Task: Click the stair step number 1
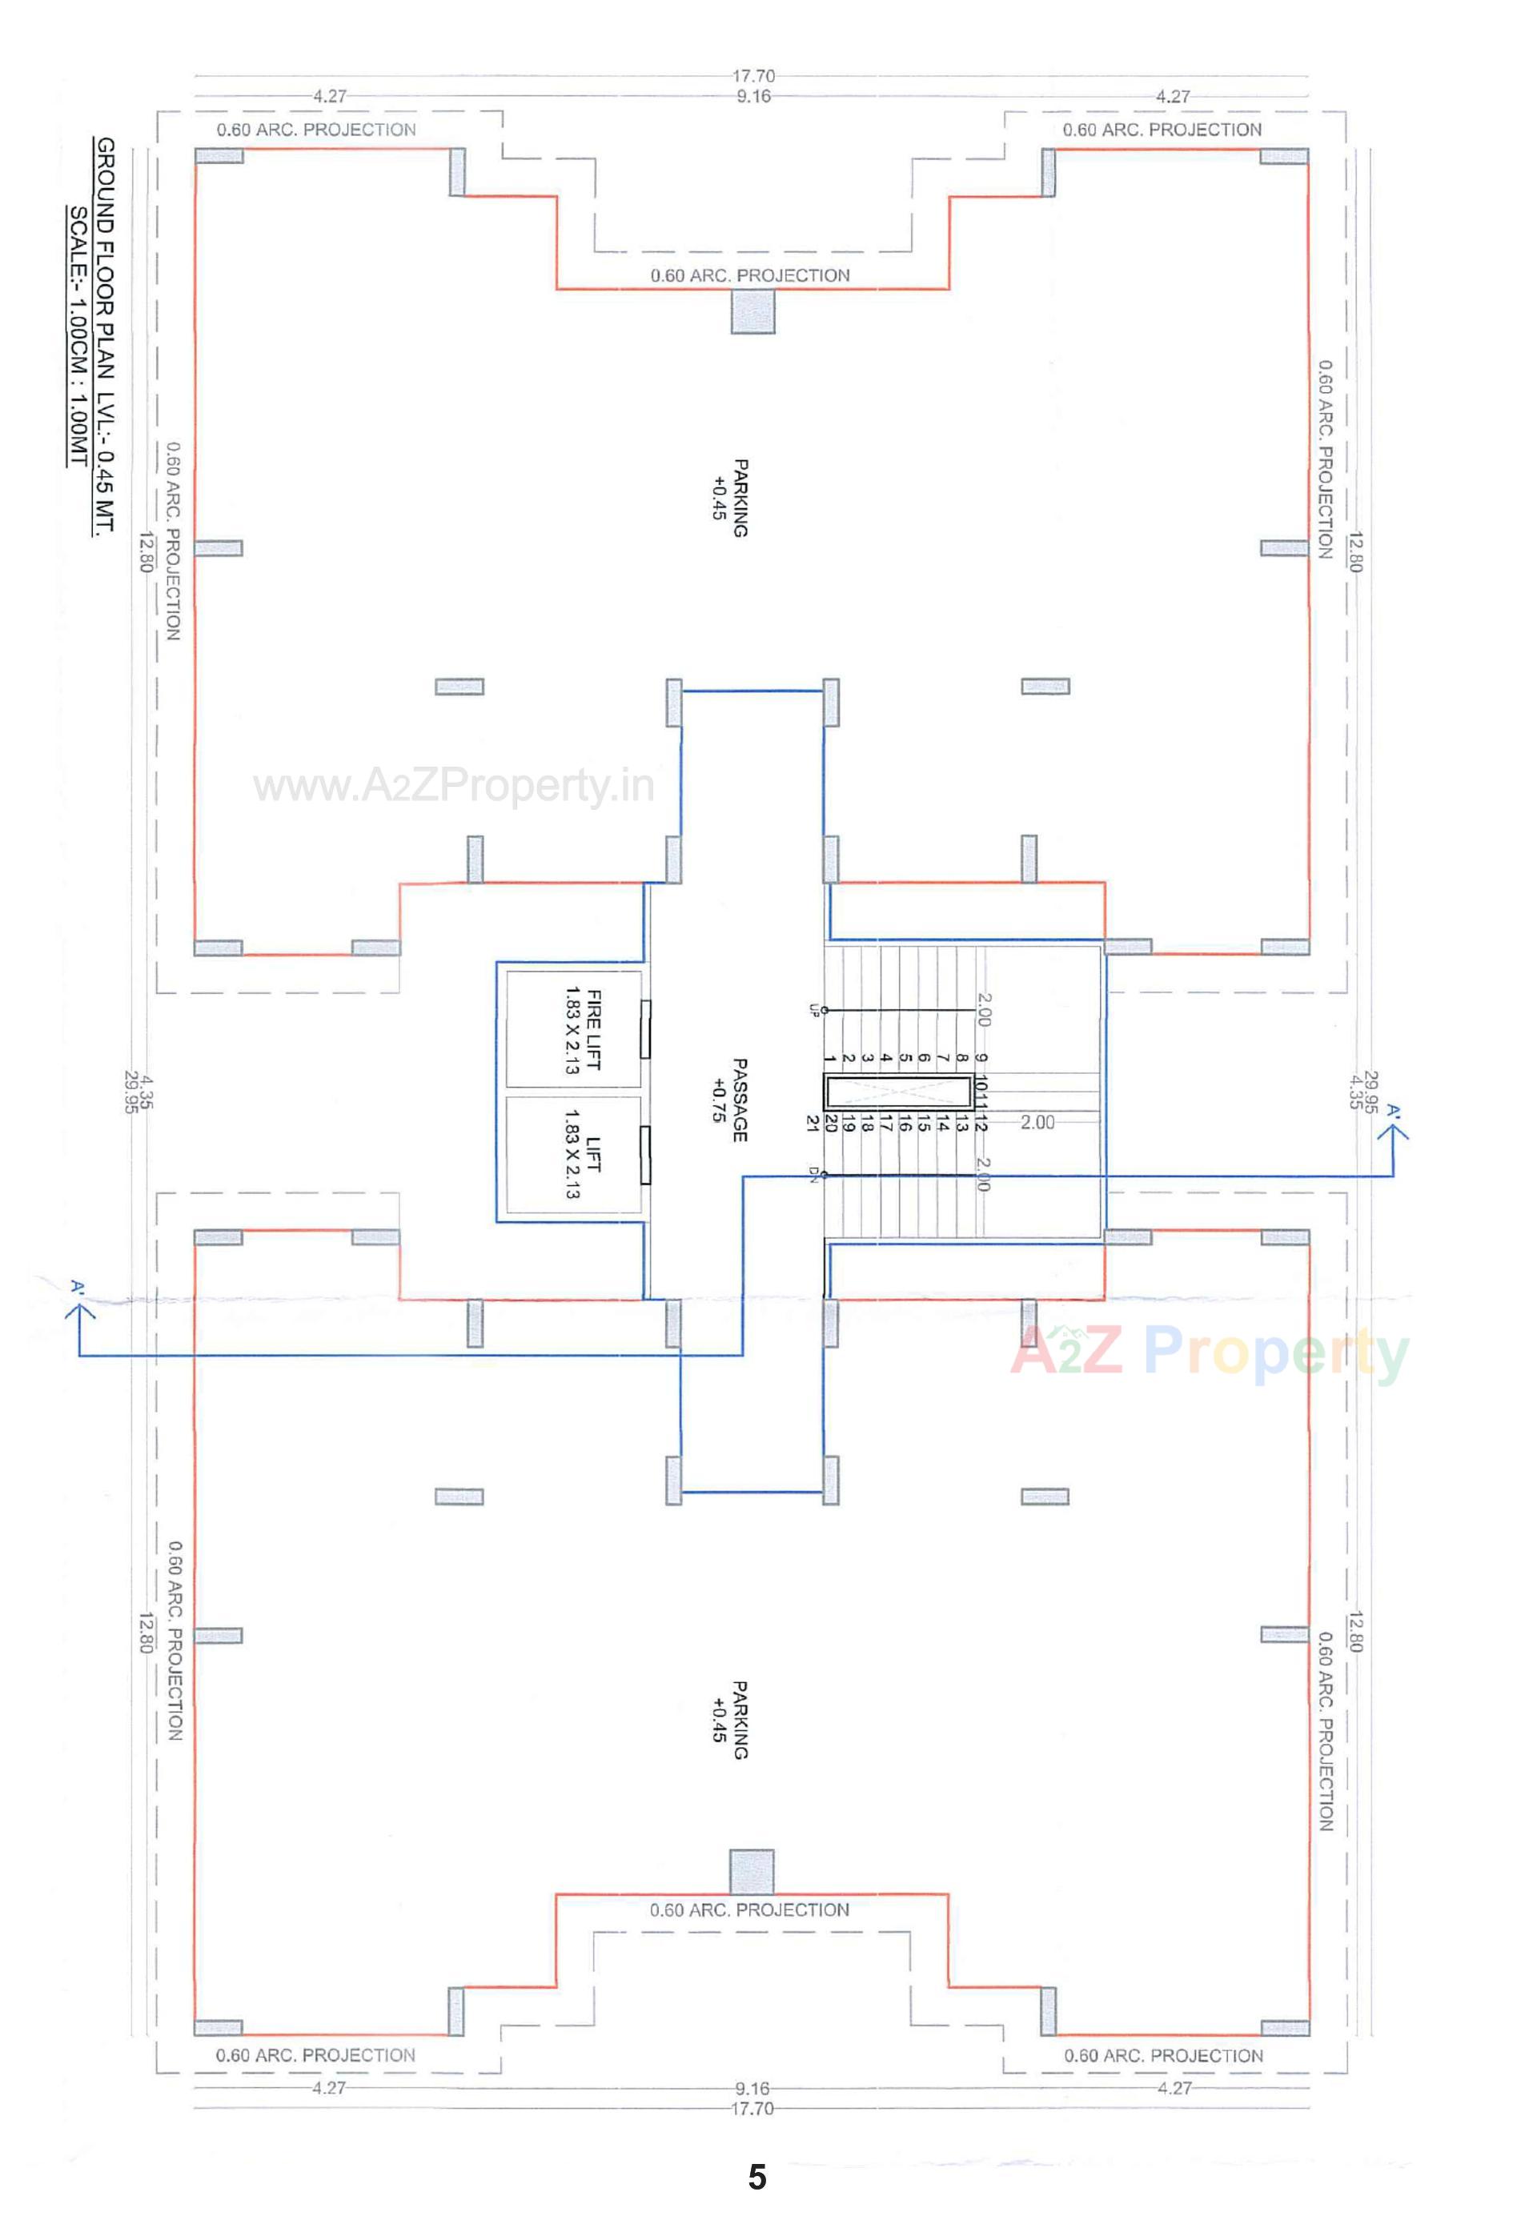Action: coord(830,1059)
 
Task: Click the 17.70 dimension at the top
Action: coord(753,76)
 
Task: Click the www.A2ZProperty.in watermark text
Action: coord(454,787)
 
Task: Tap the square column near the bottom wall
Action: coord(752,1872)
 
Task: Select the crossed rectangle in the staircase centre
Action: coord(898,1092)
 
